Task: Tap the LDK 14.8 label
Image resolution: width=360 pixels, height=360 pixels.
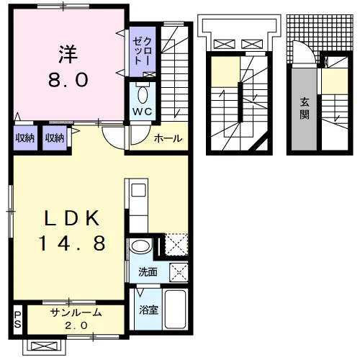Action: tap(72, 230)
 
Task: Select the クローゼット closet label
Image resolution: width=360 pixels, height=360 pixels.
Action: tap(143, 51)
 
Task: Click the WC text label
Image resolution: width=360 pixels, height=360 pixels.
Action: tap(143, 112)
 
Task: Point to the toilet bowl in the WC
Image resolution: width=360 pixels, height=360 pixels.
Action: tap(143, 95)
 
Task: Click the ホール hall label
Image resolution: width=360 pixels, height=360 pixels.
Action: tap(168, 138)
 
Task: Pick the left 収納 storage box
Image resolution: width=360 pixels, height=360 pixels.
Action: tap(25, 138)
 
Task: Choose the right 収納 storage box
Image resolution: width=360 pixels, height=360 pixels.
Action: tap(55, 138)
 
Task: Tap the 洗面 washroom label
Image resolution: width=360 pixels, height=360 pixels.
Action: tap(148, 272)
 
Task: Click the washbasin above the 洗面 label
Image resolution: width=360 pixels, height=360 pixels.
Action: tap(141, 246)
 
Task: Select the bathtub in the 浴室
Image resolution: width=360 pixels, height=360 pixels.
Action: tap(176, 309)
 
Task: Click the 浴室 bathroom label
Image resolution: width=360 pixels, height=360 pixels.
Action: tap(148, 310)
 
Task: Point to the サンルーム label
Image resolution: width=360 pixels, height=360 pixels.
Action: tap(76, 312)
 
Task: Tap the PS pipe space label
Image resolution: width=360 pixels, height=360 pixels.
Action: tap(17, 320)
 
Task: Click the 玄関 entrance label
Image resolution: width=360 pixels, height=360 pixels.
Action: tap(305, 109)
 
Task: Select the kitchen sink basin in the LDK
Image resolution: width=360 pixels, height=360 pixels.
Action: tap(139, 190)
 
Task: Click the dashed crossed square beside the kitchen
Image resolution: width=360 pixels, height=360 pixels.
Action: tap(176, 244)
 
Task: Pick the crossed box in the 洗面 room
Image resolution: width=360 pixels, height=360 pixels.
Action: tap(179, 272)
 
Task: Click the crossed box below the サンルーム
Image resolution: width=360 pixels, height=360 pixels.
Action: tap(44, 346)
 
